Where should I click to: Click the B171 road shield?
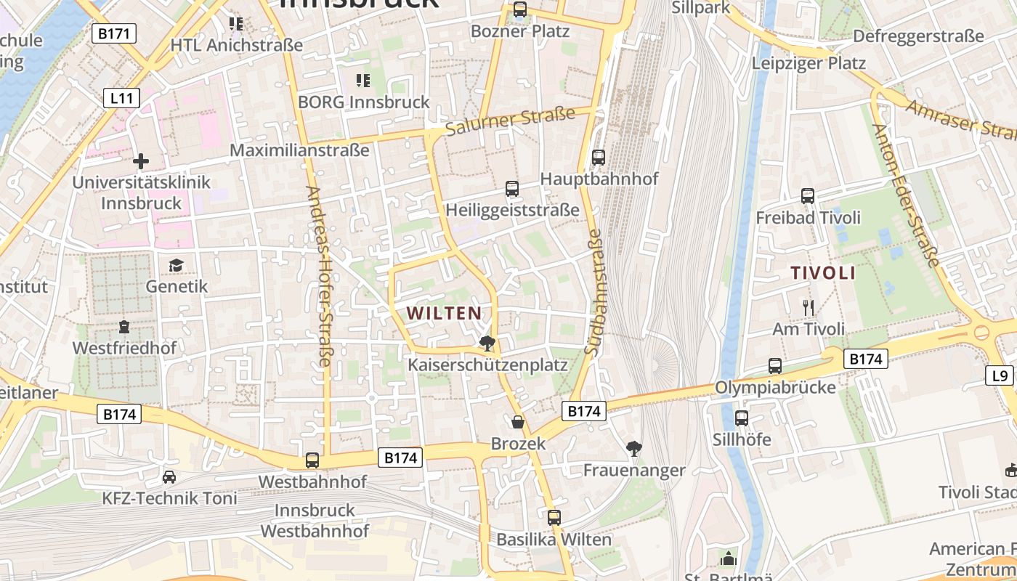(x=115, y=33)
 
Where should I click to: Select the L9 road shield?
(x=1000, y=375)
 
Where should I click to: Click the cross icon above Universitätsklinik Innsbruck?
(x=141, y=161)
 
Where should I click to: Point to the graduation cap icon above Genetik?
(x=176, y=265)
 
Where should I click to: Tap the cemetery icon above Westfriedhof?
(x=124, y=327)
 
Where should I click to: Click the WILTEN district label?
(x=443, y=314)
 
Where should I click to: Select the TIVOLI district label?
(x=822, y=274)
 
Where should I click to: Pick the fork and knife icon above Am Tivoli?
(x=809, y=308)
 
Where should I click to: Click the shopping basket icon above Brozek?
(x=518, y=421)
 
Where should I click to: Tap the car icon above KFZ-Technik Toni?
(x=169, y=477)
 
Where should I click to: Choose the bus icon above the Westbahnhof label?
(x=312, y=460)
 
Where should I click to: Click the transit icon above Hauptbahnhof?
(x=599, y=157)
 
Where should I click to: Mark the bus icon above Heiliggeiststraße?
(x=512, y=189)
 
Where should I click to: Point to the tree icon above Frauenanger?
(x=634, y=448)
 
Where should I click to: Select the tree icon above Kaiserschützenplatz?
(x=487, y=343)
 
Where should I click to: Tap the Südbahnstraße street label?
(x=595, y=292)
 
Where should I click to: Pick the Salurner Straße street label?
(x=510, y=121)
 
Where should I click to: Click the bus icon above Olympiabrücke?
(x=775, y=366)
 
